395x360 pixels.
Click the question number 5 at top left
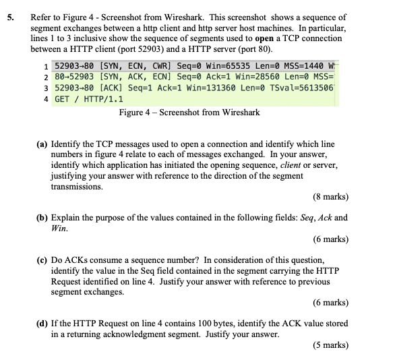click(x=11, y=18)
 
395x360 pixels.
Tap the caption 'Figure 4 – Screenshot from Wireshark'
click(x=189, y=113)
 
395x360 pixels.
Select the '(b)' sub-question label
click(x=42, y=218)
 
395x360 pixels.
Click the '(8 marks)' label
click(x=331, y=198)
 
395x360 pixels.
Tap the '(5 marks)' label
click(x=331, y=346)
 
